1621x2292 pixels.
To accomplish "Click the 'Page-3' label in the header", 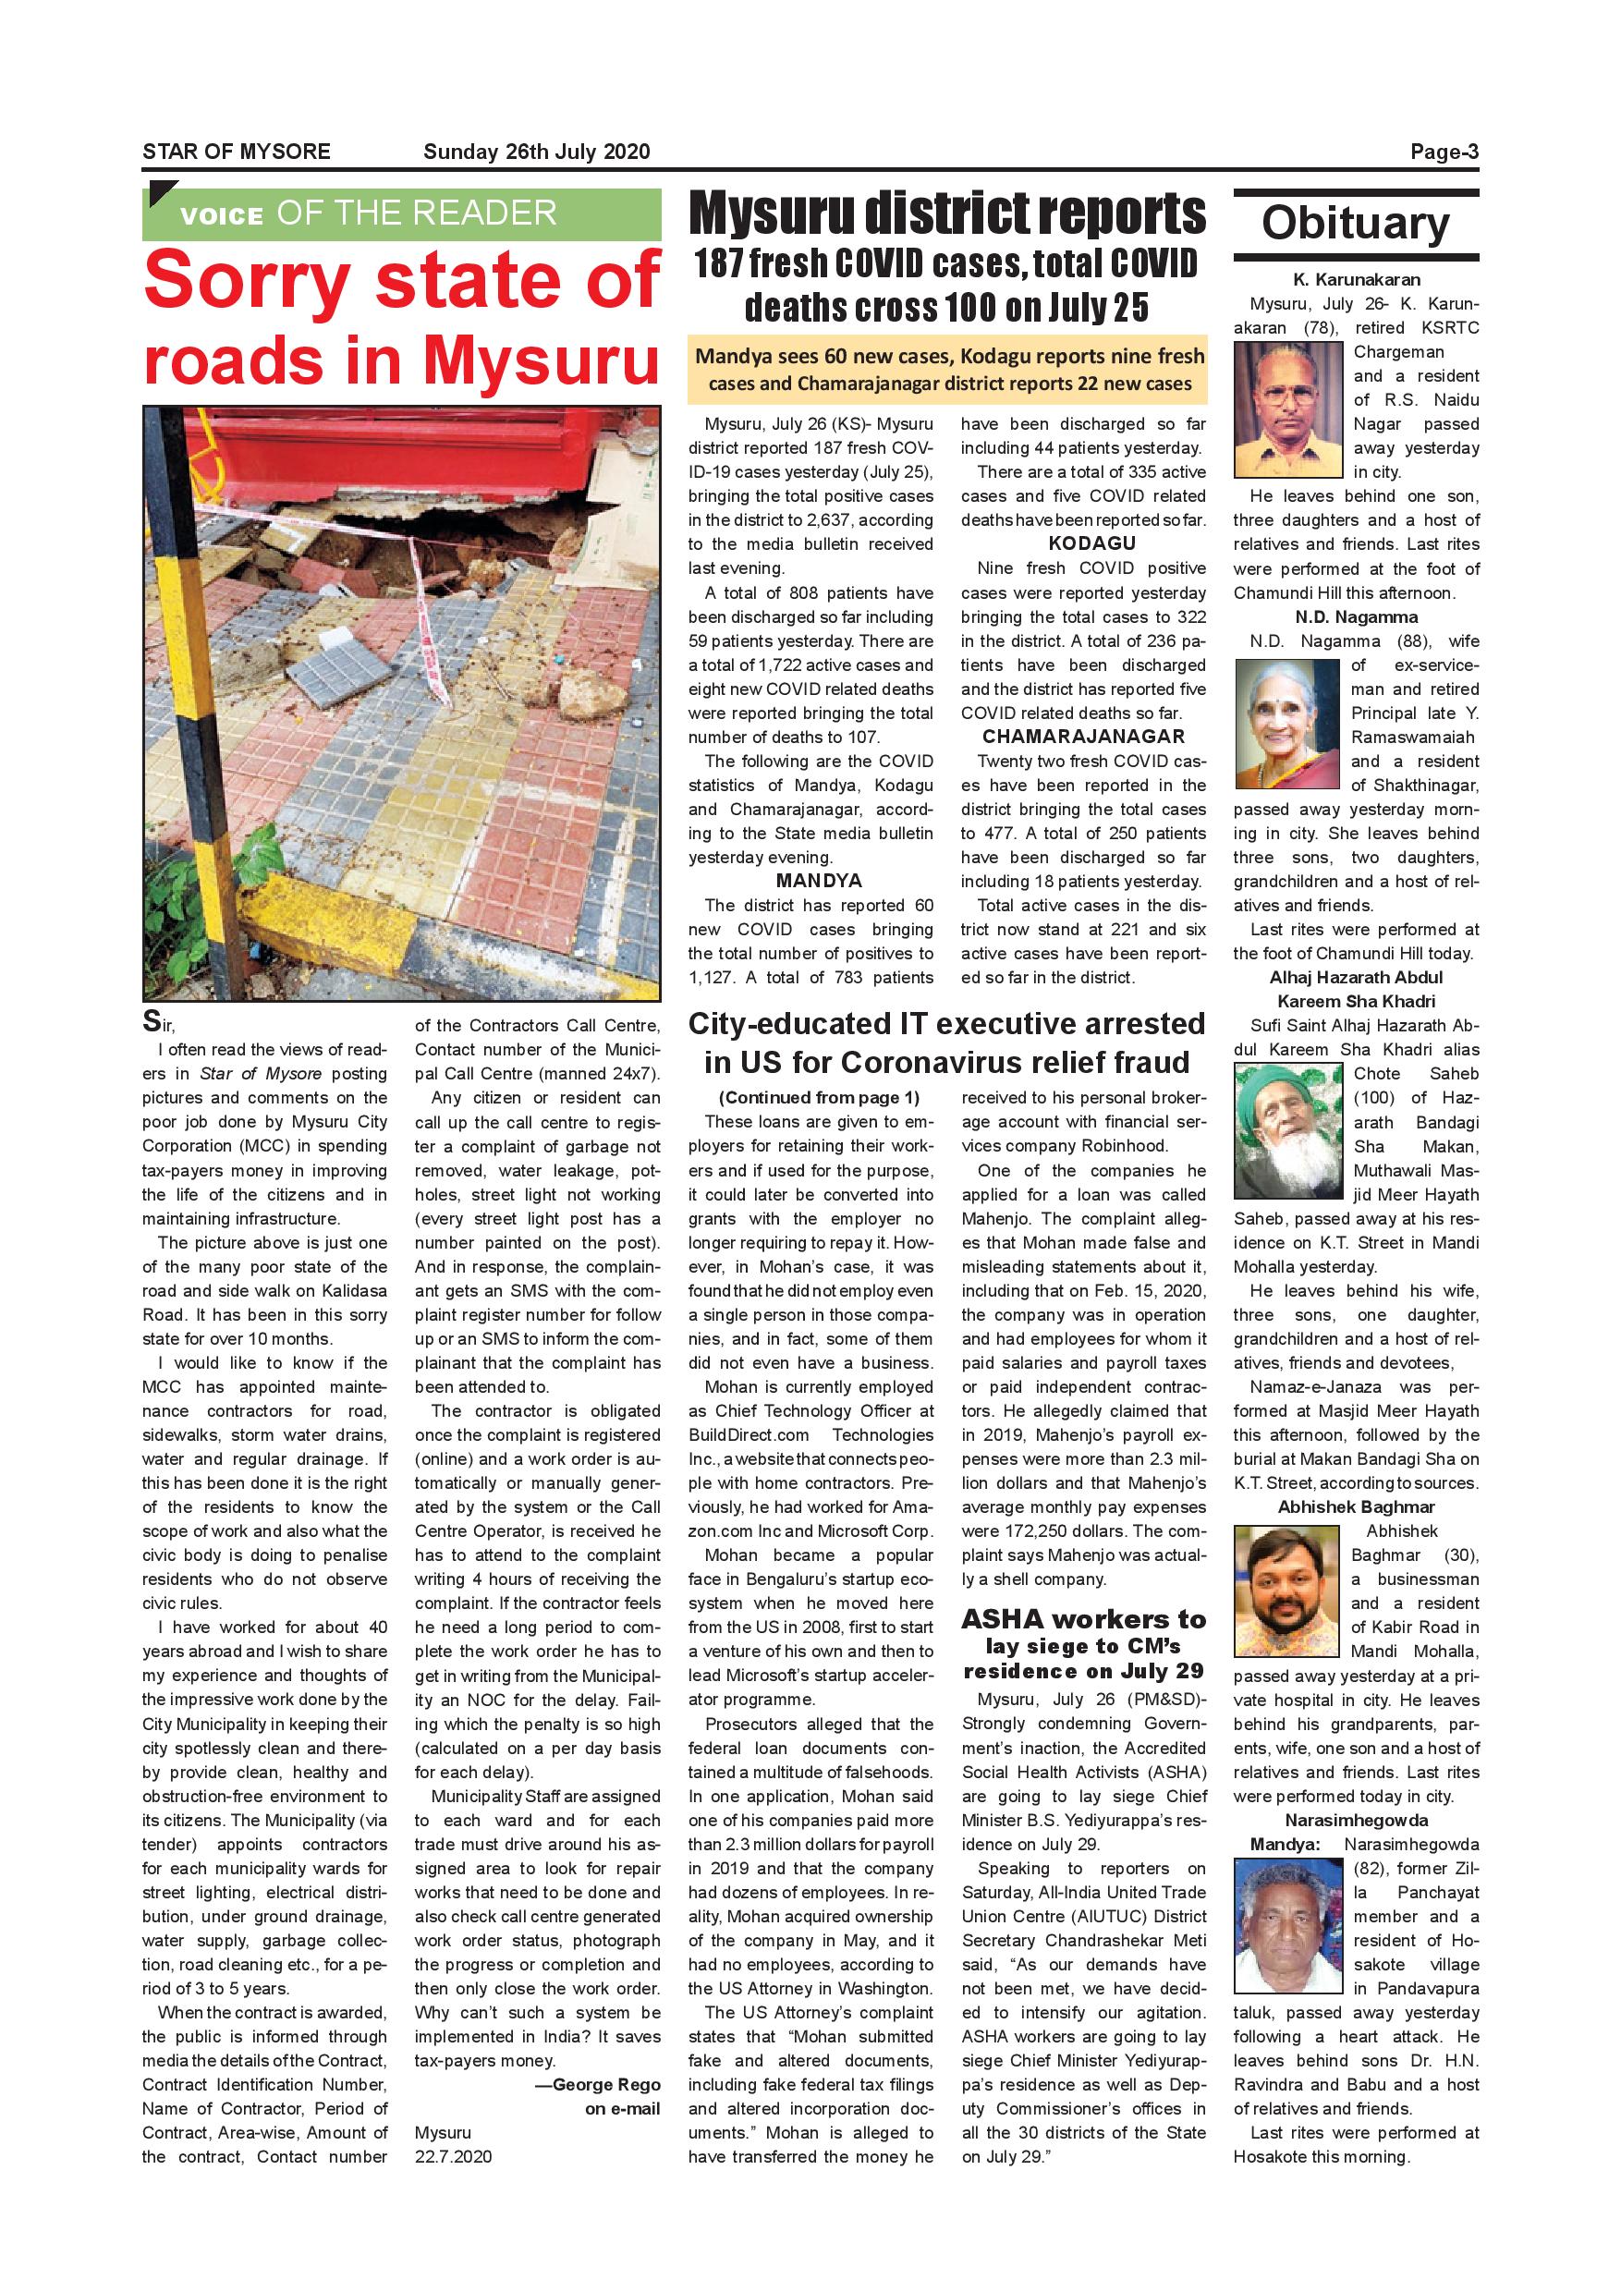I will [x=1444, y=152].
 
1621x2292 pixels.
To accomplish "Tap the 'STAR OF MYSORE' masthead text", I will [x=237, y=152].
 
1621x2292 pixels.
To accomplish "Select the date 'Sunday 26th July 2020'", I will [x=536, y=152].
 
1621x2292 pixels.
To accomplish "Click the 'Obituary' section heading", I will [x=1356, y=223].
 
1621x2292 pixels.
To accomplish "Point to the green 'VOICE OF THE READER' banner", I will [x=401, y=213].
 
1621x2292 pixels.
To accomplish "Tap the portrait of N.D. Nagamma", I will [x=1286, y=724].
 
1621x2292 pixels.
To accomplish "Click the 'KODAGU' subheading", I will [x=1092, y=544].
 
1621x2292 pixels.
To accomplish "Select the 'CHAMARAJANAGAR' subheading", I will [x=1083, y=738].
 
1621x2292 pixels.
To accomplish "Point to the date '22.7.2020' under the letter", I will [x=453, y=2156].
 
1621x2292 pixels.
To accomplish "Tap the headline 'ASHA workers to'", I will [x=1083, y=1619].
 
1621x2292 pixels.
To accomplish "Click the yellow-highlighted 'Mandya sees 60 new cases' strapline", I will [x=949, y=370].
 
